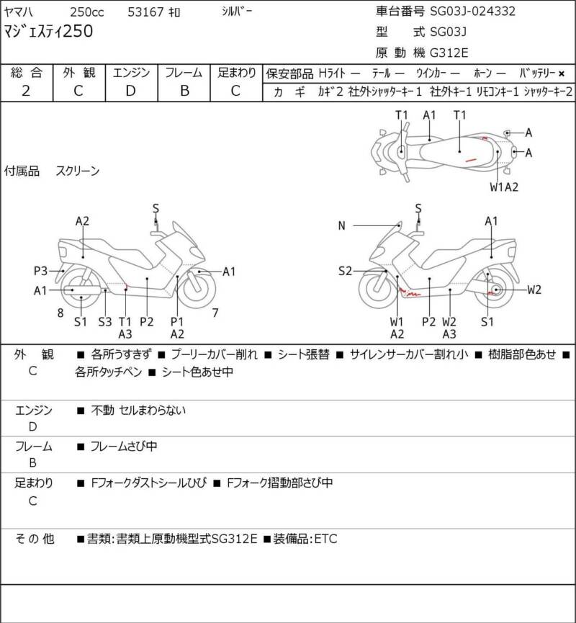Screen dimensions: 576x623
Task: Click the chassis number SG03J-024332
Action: click(x=473, y=11)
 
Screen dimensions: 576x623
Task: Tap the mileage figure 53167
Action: click(x=145, y=12)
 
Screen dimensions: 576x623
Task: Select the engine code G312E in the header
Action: click(x=449, y=53)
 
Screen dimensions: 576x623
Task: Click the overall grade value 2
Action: click(x=26, y=91)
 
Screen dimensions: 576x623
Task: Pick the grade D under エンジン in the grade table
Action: click(x=131, y=91)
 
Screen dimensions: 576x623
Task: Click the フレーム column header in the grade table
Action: click(x=184, y=73)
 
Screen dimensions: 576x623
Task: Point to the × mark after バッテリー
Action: click(x=562, y=73)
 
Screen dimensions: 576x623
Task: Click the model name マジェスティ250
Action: click(x=48, y=31)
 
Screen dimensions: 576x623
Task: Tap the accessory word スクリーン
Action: click(x=78, y=171)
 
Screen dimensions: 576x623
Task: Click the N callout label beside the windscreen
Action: click(x=341, y=225)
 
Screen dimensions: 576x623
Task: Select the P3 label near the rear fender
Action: click(x=40, y=271)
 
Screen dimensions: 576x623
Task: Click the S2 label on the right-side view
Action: click(x=345, y=271)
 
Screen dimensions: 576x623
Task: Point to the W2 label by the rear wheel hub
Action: click(x=534, y=290)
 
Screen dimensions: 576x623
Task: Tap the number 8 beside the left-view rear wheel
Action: click(x=60, y=313)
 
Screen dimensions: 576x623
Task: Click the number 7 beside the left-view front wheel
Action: click(x=215, y=313)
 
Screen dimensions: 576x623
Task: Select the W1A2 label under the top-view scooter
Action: click(x=504, y=187)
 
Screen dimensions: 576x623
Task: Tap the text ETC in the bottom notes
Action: click(x=325, y=539)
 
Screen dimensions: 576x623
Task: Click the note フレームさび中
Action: click(x=124, y=447)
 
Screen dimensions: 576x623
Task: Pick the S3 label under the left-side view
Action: click(x=105, y=321)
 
